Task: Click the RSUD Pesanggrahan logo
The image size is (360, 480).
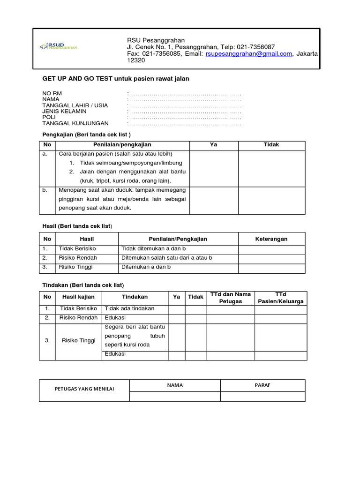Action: [x=59, y=46]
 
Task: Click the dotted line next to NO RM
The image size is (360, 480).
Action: [x=185, y=94]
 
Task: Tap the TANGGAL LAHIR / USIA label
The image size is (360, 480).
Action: [x=75, y=105]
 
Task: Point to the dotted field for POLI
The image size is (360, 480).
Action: [x=185, y=118]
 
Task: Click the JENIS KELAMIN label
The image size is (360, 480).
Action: [x=64, y=112]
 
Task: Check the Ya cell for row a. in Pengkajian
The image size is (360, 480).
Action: [x=213, y=168]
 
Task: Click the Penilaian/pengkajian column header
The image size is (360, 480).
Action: [x=122, y=145]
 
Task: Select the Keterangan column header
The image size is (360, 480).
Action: [x=271, y=239]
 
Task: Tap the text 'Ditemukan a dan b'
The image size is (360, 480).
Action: [x=146, y=267]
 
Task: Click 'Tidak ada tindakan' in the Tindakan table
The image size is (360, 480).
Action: [x=129, y=308]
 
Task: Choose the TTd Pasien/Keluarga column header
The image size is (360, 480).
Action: [x=280, y=298]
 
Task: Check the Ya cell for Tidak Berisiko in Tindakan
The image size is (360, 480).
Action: [x=176, y=309]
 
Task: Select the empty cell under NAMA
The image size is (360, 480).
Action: [x=175, y=397]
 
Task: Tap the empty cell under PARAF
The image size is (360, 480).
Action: [x=262, y=397]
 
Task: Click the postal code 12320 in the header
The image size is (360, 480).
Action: [x=136, y=61]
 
